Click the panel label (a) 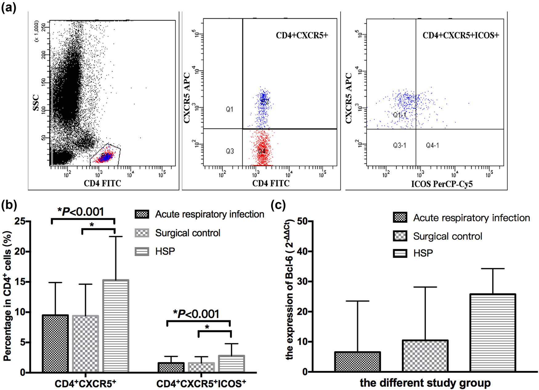[x=9, y=7]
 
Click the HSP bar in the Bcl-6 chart [x=492, y=332]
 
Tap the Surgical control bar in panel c [x=425, y=356]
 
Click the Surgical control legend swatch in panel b [x=142, y=233]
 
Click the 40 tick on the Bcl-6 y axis [x=303, y=251]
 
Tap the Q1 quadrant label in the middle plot [x=229, y=109]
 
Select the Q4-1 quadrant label [x=432, y=145]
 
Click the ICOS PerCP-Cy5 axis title [x=442, y=184]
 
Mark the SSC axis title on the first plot [x=36, y=103]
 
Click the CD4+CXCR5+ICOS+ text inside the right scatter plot [x=460, y=35]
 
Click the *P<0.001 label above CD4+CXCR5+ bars [x=81, y=212]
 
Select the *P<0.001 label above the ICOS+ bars [x=196, y=314]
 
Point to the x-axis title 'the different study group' [x=425, y=383]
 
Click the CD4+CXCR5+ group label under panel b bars [x=85, y=384]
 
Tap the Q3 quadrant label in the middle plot [x=230, y=151]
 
